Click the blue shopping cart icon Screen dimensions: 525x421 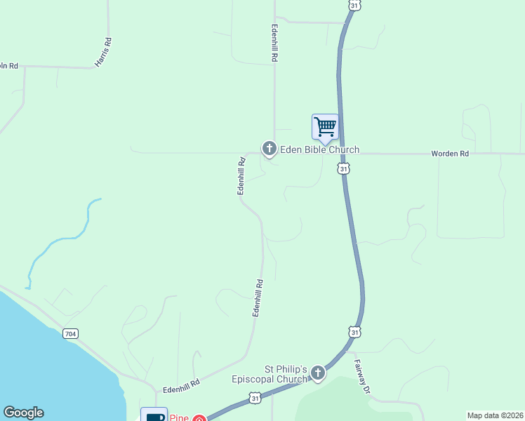[325, 127]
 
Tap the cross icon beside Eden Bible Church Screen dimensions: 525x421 [269, 149]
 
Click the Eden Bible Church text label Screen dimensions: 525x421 [320, 149]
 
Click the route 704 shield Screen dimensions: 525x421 [69, 333]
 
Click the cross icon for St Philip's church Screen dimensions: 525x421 [318, 373]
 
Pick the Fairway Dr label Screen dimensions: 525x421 [361, 377]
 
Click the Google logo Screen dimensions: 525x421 [23, 413]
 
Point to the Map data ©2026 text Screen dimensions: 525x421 [496, 415]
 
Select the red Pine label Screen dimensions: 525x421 [179, 417]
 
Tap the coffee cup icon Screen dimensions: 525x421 [154, 416]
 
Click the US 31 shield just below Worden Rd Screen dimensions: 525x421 [343, 169]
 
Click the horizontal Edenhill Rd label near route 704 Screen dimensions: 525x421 [181, 385]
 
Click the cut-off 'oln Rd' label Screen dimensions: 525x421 [8, 65]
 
